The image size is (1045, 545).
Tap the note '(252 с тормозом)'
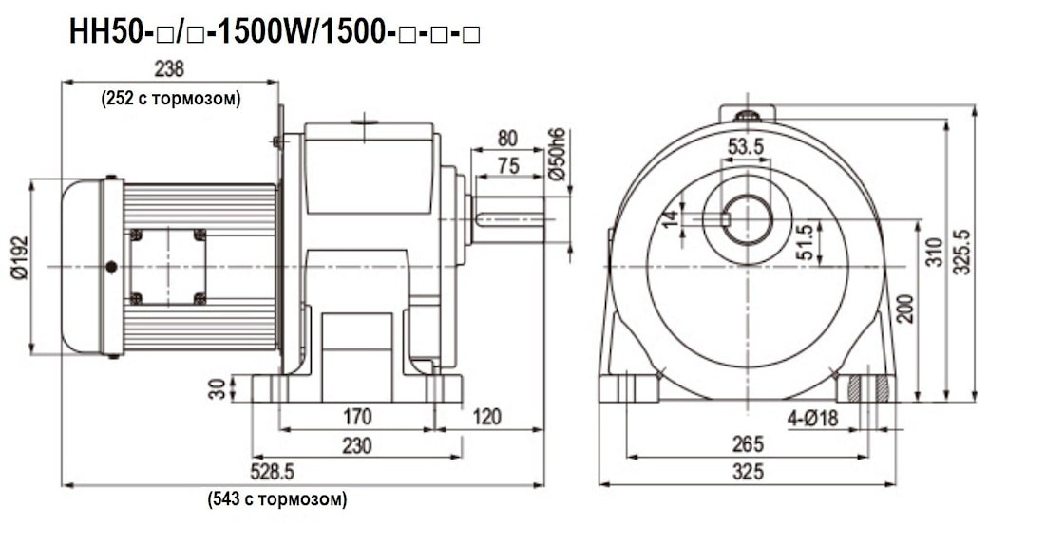[171, 98]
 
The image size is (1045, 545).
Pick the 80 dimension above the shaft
[508, 139]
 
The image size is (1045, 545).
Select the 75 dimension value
[508, 166]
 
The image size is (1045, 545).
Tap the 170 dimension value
[357, 417]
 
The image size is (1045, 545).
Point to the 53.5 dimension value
[746, 147]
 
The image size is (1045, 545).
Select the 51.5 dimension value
[806, 243]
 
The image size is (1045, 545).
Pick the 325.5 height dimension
[961, 252]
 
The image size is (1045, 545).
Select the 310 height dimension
[934, 252]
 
